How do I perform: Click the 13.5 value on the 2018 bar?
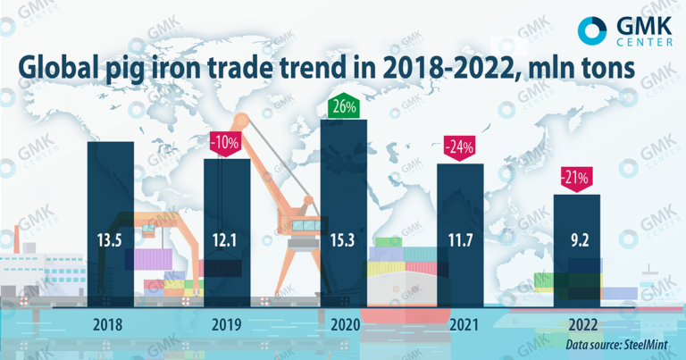click(x=110, y=239)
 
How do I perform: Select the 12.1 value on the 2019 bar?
click(x=227, y=239)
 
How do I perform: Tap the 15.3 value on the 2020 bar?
click(x=344, y=239)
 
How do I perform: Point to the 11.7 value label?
click(x=460, y=239)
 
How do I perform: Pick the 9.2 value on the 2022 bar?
click(x=577, y=239)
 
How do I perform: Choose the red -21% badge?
click(x=575, y=178)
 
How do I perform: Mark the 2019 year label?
click(x=227, y=325)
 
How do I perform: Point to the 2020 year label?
click(x=344, y=325)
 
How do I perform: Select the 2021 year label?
click(x=460, y=325)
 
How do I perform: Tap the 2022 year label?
click(x=577, y=325)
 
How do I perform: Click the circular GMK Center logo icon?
click(x=592, y=30)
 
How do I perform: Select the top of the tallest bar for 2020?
click(x=344, y=121)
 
